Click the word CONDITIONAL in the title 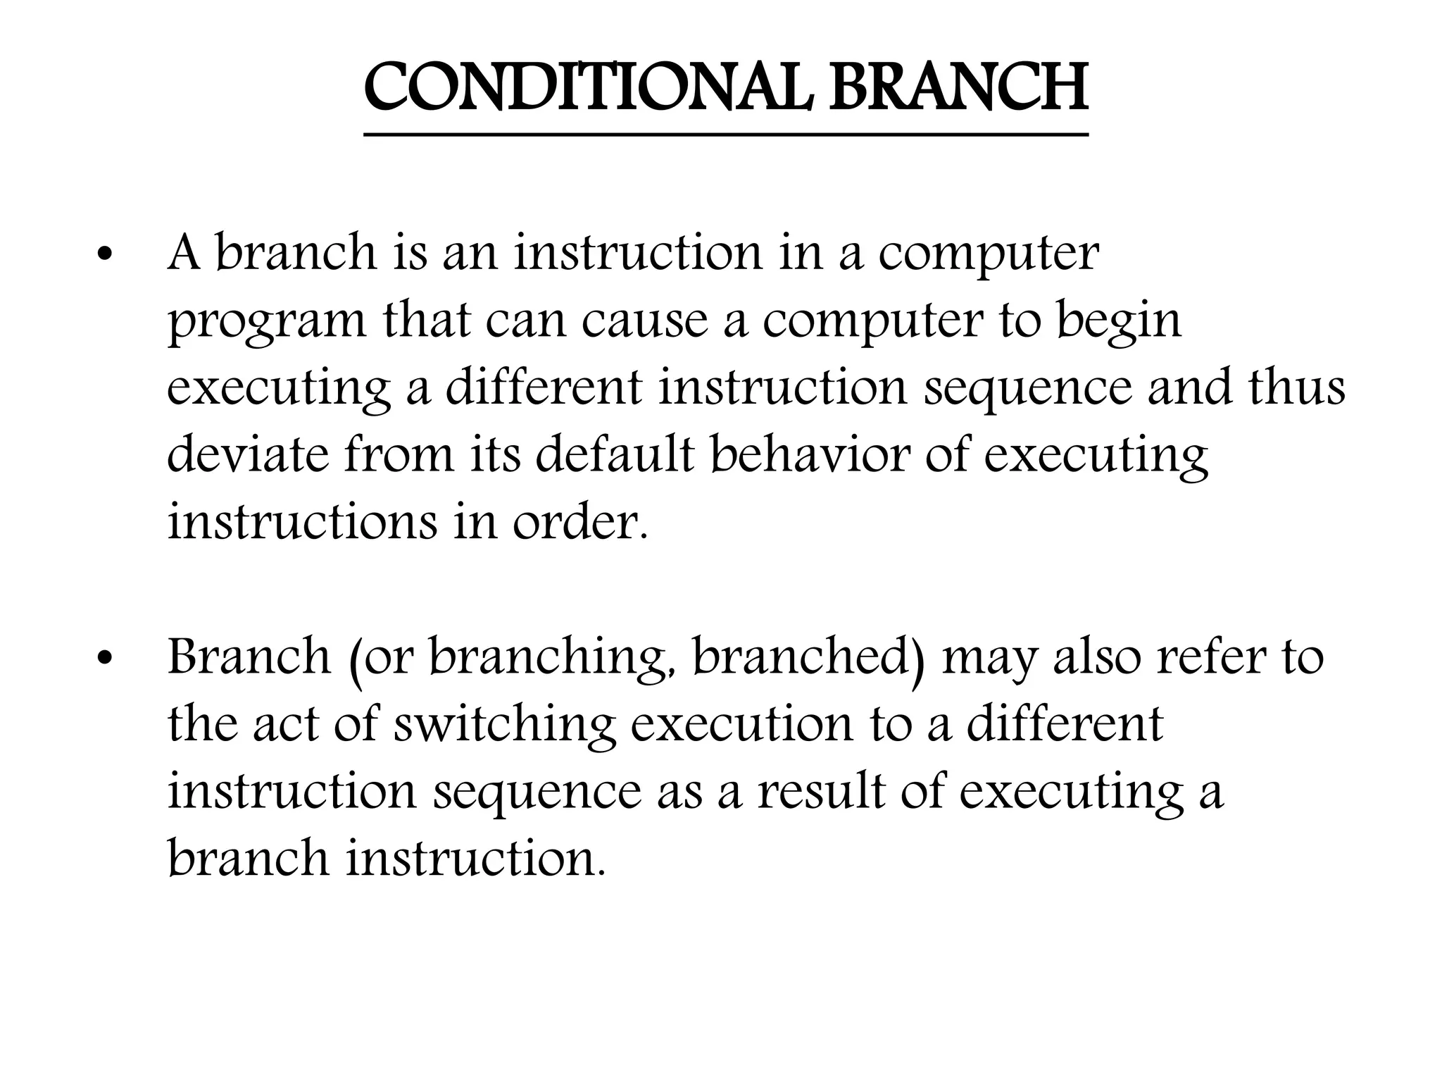[x=587, y=89]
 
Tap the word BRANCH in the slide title [x=960, y=89]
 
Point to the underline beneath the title [x=725, y=134]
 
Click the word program [x=267, y=323]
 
